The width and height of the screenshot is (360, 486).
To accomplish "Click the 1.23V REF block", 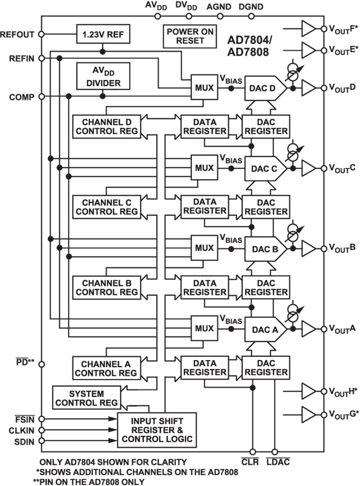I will tap(103, 34).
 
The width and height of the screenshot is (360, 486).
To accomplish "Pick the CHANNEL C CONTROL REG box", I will tap(106, 207).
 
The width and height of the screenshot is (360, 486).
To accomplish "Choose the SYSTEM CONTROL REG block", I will tap(86, 398).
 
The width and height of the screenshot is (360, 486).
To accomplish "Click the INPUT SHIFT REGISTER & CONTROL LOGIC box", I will tap(157, 430).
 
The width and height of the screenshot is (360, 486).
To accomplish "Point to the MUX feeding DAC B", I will tap(204, 248).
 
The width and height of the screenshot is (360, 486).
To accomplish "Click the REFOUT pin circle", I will tap(41, 34).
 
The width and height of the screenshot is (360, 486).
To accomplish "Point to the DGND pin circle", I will tap(251, 16).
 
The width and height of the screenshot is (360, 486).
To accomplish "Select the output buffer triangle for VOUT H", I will tap(308, 391).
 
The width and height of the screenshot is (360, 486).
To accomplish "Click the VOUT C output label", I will tap(342, 168).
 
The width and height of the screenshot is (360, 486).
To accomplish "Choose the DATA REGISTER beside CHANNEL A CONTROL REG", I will tap(204, 368).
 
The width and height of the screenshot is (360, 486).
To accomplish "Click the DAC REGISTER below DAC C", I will tap(266, 207).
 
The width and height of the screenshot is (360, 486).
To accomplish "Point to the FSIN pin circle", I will tap(41, 419).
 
